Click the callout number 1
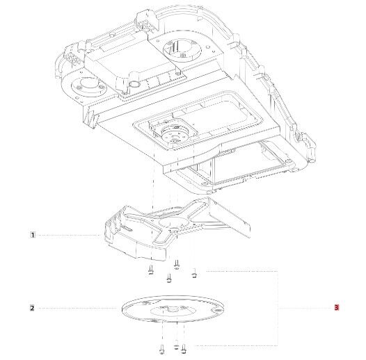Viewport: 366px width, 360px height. click(x=33, y=235)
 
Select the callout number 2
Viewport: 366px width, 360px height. click(x=32, y=308)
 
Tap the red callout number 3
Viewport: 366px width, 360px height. click(x=336, y=308)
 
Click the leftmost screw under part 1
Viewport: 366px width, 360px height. click(x=151, y=270)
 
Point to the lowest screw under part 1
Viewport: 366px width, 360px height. click(x=169, y=278)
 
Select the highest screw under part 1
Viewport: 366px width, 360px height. click(x=177, y=265)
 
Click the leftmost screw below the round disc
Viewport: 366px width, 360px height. click(x=161, y=349)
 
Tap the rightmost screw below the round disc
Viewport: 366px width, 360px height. click(x=183, y=348)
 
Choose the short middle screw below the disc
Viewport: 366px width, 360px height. click(x=176, y=347)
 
